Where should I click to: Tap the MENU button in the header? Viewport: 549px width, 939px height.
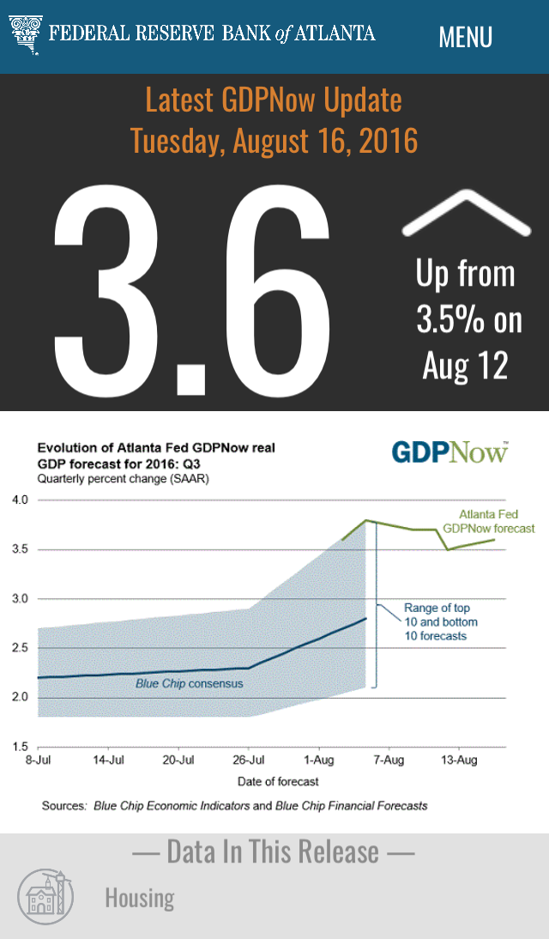[x=465, y=37]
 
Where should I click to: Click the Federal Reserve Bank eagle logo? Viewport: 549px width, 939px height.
[x=26, y=33]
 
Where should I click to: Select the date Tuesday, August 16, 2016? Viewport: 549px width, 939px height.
[x=274, y=140]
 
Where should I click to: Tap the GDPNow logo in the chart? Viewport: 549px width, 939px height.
[x=449, y=452]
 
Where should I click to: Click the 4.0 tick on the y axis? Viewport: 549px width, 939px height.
[x=19, y=500]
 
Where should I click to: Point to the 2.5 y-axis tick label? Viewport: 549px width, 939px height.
[x=19, y=648]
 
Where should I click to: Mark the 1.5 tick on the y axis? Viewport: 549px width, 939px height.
[x=19, y=747]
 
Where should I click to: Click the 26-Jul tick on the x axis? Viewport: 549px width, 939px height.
[x=249, y=760]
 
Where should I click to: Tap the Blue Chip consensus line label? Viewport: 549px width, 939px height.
[x=190, y=684]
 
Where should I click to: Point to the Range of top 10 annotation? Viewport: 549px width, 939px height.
[x=441, y=621]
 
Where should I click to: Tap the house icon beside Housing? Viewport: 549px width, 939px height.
[x=46, y=896]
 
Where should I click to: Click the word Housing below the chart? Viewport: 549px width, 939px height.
[x=139, y=898]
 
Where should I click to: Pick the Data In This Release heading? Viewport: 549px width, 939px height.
[x=274, y=851]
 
